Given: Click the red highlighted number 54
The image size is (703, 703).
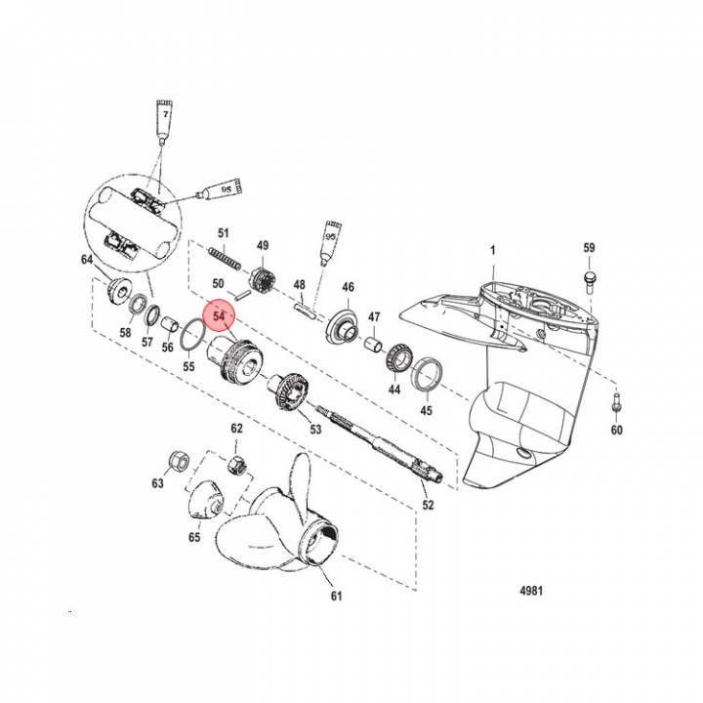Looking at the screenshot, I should point(219,316).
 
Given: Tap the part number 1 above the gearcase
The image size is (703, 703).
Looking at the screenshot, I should point(494,251).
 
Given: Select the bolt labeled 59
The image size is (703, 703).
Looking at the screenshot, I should point(589,279).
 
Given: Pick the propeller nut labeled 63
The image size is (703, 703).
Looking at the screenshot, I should point(179,459).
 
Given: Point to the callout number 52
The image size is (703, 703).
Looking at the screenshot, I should point(428,505).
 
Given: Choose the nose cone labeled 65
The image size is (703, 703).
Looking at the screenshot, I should point(203,502).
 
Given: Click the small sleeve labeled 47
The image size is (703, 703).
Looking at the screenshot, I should point(371,345).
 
